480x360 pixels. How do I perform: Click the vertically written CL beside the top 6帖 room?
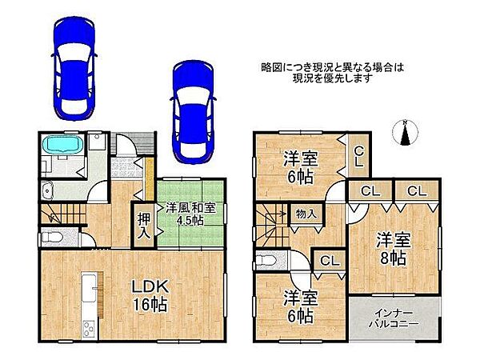pos(359,156)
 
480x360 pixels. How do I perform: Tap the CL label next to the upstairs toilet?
pos(326,259)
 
